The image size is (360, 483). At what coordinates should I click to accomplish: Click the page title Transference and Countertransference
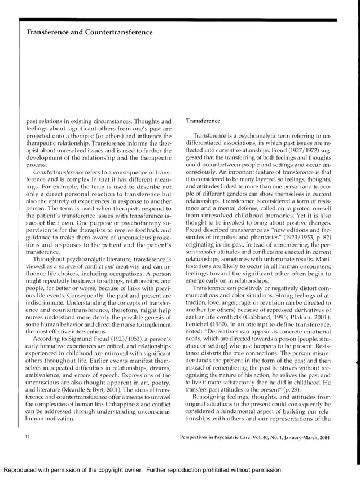89,32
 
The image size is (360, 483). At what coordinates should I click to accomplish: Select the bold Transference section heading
204,120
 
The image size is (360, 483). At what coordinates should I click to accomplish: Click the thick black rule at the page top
179,20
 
